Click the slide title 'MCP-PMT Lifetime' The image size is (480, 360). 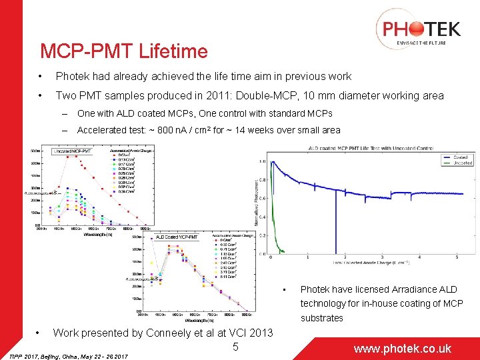(123, 51)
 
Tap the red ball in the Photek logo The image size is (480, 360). (415, 29)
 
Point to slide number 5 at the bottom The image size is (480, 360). (236, 346)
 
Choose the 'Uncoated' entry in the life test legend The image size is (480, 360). (461, 163)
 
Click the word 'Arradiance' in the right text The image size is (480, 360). (404, 289)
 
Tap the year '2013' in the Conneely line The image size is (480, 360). (261, 333)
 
